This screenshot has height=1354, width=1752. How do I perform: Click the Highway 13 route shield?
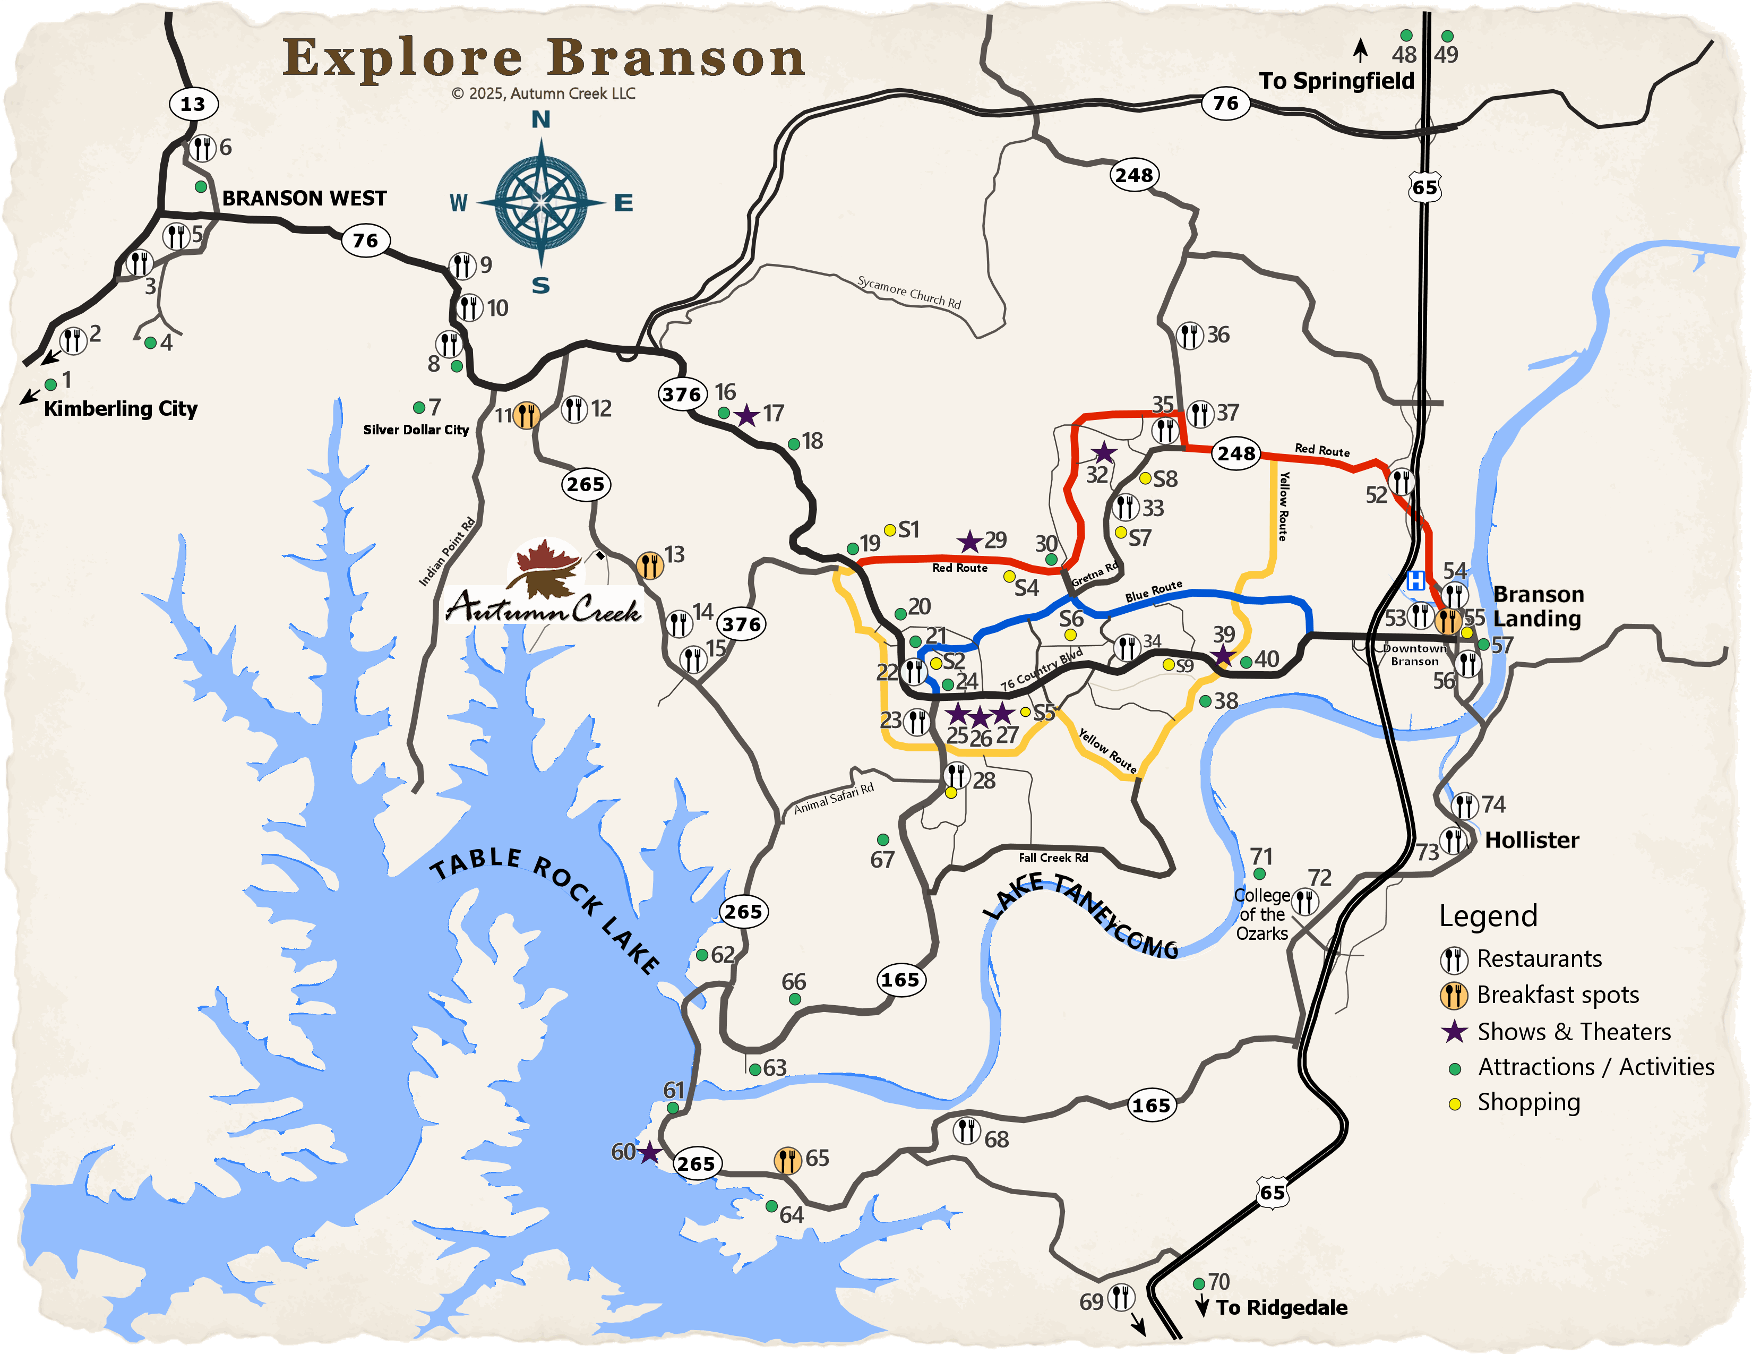point(193,104)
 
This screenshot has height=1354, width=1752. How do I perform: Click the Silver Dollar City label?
point(416,430)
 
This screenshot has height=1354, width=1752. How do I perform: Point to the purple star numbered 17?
point(747,416)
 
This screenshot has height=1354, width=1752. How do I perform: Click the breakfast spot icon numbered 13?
point(650,565)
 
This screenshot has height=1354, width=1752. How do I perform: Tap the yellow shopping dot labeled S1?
point(890,530)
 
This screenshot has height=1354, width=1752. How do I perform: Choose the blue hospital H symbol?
point(1416,580)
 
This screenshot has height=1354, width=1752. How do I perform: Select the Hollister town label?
point(1531,840)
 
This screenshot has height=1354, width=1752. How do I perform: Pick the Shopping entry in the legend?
point(1528,1102)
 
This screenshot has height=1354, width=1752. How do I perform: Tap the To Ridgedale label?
point(1281,1307)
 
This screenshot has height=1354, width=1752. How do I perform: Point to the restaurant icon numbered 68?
point(967,1131)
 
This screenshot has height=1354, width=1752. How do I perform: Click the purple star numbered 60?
point(649,1153)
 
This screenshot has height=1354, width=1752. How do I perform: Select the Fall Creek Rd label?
point(1053,858)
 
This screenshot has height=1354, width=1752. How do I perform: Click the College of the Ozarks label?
point(1262,914)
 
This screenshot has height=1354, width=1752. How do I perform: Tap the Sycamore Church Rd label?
point(909,292)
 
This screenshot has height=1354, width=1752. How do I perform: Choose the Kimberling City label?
point(121,408)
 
